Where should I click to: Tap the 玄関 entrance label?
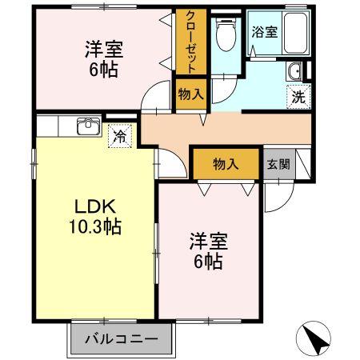tap(278, 164)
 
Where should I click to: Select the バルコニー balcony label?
tap(121, 338)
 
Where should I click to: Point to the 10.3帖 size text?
tap(94, 227)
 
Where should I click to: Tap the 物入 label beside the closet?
tap(190, 94)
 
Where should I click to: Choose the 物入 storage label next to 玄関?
tap(226, 164)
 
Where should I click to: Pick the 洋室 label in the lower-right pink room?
tap(207, 240)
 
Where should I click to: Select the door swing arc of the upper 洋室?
tap(151, 99)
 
